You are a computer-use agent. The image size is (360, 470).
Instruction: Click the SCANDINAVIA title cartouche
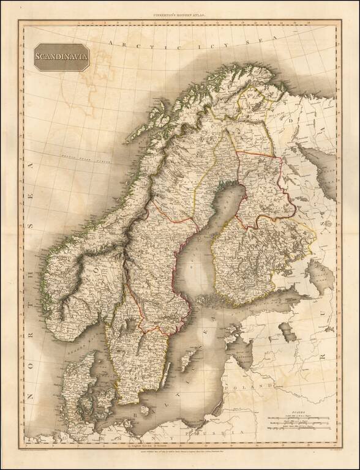click(61, 57)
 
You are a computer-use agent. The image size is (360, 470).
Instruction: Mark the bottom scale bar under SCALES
click(299, 428)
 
